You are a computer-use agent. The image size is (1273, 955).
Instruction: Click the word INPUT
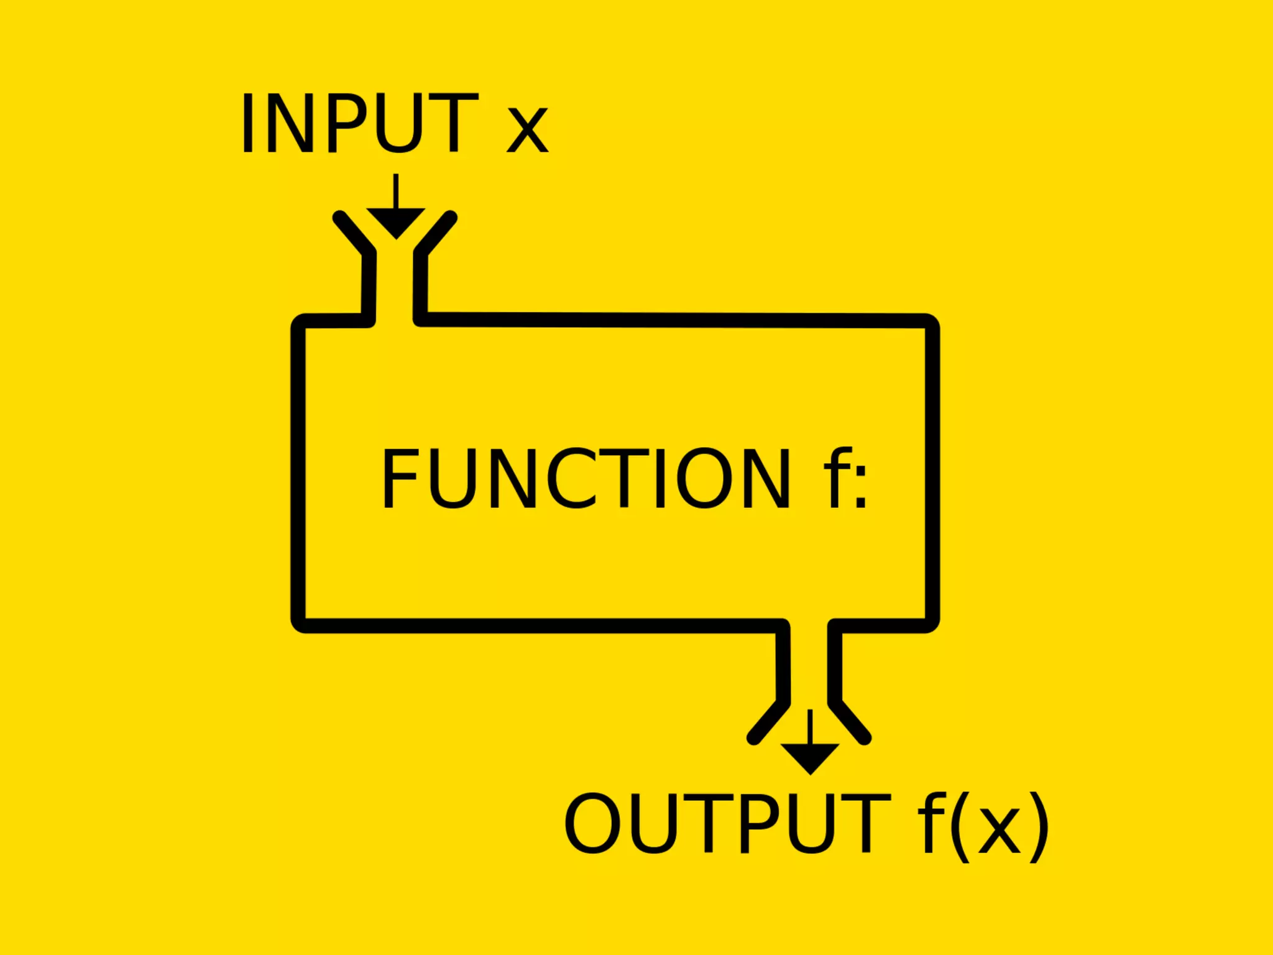point(359,123)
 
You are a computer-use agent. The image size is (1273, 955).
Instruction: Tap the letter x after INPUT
point(527,130)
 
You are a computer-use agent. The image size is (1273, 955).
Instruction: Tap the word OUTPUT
point(727,823)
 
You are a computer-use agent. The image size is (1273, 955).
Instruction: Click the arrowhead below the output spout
point(810,757)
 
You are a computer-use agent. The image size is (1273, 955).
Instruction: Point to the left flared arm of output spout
point(768,722)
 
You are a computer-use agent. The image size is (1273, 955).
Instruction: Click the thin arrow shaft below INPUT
point(396,191)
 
